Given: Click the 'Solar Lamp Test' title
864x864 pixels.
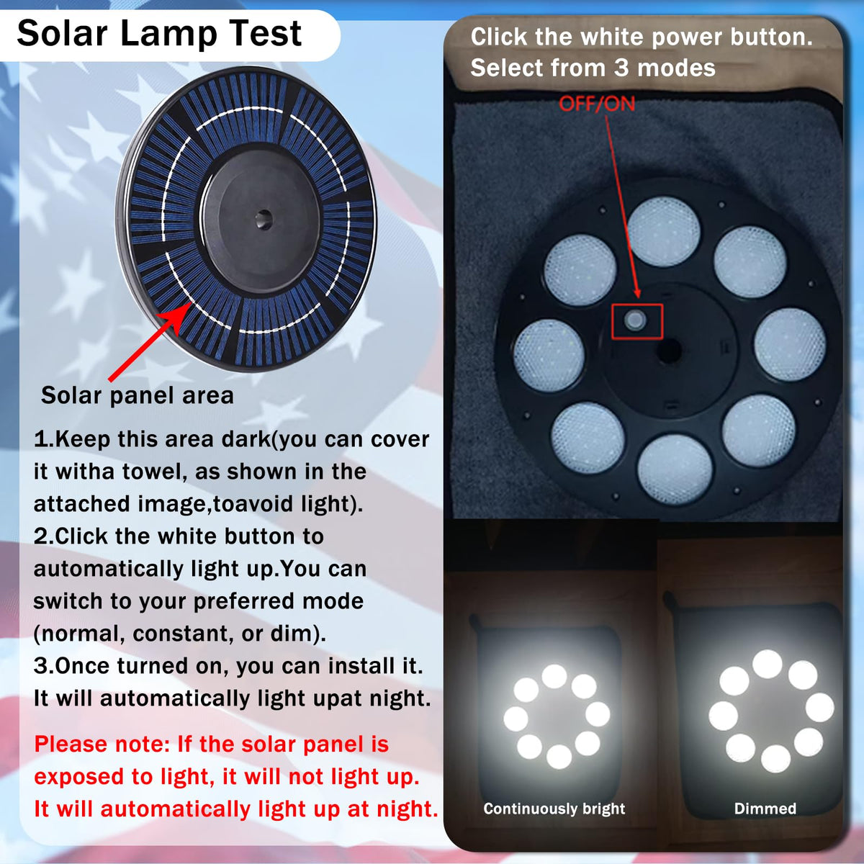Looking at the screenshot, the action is click(159, 34).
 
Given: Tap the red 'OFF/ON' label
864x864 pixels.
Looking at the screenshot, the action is click(597, 104).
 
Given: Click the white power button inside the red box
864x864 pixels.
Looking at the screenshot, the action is click(635, 320).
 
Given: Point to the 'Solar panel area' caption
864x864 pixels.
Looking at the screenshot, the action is click(138, 396).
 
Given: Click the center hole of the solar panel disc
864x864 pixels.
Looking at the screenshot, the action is click(264, 220).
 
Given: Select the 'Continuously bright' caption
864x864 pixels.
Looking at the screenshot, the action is click(554, 809).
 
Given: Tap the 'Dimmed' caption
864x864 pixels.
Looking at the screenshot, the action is click(765, 809).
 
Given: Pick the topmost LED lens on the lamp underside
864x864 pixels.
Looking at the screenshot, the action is click(663, 231).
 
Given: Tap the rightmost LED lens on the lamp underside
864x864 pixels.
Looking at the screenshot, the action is click(790, 345).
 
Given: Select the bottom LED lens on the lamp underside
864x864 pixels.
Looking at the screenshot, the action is click(675, 470).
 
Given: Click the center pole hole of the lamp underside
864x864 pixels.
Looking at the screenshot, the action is click(669, 350).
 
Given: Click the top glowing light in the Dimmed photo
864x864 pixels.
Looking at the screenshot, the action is click(767, 664).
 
